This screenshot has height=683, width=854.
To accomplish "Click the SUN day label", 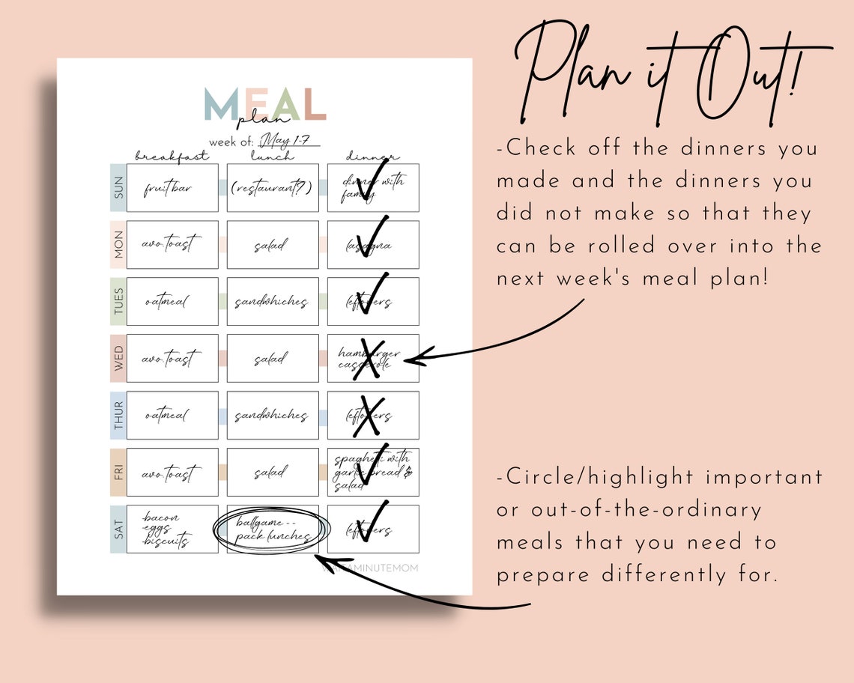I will pyautogui.click(x=118, y=188).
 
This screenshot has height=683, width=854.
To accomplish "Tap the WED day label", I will pyautogui.click(x=118, y=359).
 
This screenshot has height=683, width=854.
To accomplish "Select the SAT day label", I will pyautogui.click(x=118, y=529).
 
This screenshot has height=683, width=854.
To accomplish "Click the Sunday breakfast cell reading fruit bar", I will pyautogui.click(x=172, y=188).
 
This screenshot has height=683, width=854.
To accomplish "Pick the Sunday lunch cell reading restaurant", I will pyautogui.click(x=273, y=188).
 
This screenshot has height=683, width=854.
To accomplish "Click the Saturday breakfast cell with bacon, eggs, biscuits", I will pyautogui.click(x=172, y=529).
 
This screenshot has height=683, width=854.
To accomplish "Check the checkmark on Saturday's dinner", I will pyautogui.click(x=372, y=520).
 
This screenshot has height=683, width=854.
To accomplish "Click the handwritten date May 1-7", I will pyautogui.click(x=289, y=141).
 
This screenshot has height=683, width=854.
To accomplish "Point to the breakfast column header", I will pyautogui.click(x=172, y=157).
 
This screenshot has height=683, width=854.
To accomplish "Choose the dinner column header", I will pyautogui.click(x=372, y=157).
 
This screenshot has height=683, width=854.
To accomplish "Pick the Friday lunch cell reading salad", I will pyautogui.click(x=273, y=473).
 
